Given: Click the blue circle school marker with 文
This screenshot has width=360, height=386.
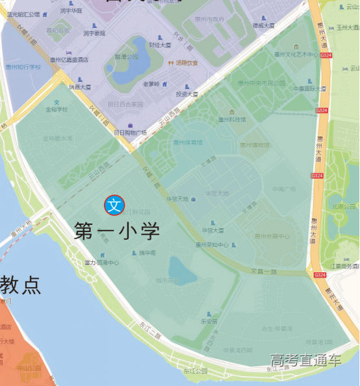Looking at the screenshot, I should click(x=114, y=205).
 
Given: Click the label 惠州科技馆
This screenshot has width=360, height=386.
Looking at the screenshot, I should click(x=232, y=119).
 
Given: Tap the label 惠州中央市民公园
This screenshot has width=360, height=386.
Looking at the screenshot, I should click(x=261, y=83).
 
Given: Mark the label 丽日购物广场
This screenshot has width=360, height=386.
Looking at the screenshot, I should click(x=130, y=133).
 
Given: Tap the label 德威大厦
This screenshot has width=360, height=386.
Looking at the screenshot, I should click(x=263, y=25).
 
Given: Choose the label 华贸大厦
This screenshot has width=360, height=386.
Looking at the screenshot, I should click(x=212, y=230).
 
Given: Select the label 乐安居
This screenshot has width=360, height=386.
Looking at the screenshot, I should click(x=209, y=321).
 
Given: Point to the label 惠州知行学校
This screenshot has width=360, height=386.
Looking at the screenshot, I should click(x=23, y=66).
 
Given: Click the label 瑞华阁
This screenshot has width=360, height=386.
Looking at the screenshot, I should click(x=147, y=253).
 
